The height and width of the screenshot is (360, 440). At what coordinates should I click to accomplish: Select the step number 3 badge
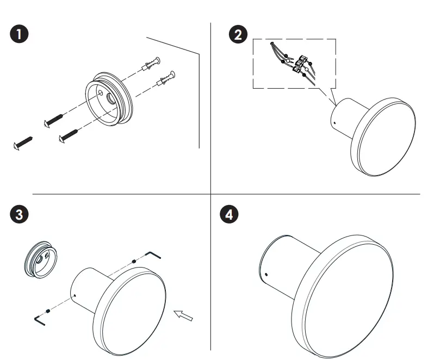(x=20, y=214)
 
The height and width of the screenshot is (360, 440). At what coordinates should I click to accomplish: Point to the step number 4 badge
(x=232, y=214)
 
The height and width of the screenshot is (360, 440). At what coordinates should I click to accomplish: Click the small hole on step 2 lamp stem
(x=336, y=123)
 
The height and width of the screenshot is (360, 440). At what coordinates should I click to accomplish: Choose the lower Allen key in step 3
(x=40, y=319)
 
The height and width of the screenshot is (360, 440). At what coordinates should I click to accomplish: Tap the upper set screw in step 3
(x=134, y=263)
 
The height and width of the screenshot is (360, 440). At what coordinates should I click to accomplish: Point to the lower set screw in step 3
(x=49, y=311)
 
